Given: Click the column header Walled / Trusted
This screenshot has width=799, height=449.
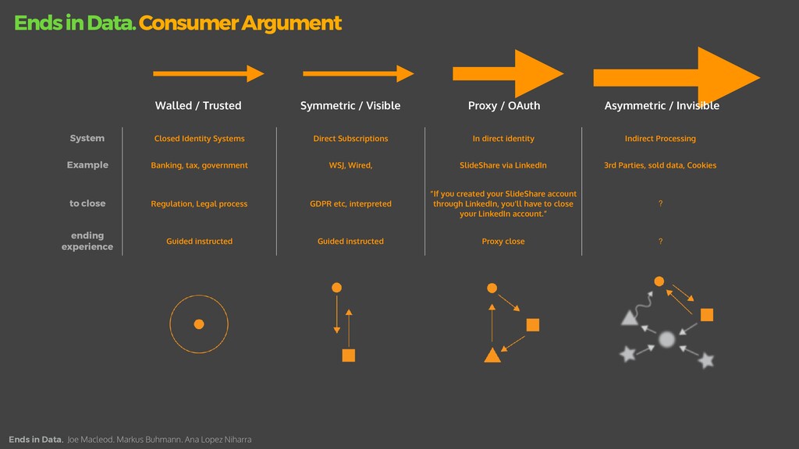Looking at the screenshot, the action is pos(198,105).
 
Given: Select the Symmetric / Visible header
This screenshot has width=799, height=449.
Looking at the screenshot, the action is pos(350,105).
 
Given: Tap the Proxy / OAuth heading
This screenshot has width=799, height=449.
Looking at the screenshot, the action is pos(503,105).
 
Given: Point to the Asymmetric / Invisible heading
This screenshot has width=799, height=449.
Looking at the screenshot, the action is pos(662,105).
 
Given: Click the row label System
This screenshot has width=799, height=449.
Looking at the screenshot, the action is pos(87,138).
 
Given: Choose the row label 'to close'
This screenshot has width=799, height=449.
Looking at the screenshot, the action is pos(87,203).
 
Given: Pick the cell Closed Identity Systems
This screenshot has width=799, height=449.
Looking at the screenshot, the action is pos(199,139).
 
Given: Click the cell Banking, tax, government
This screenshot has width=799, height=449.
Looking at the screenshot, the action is pos(199,165).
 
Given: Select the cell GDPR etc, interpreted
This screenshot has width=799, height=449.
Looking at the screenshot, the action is pos(350,204).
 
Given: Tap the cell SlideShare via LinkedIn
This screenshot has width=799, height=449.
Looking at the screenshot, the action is pos(503,165).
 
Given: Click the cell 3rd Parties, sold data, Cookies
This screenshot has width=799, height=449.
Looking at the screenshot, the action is pos(660,165).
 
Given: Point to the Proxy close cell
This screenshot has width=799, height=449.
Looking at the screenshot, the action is pos(503,242).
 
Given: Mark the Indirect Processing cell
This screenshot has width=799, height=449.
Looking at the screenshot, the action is pos(660,139).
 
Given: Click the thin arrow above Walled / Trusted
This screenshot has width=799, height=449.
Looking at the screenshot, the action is pos(208,73).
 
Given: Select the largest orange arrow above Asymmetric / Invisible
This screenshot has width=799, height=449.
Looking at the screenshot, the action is pos(676,76).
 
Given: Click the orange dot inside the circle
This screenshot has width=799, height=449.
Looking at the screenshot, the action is pos(199,324).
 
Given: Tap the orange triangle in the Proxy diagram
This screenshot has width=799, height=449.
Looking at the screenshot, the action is pos(492,356).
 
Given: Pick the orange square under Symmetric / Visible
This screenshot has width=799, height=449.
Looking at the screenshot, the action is pos(349,355).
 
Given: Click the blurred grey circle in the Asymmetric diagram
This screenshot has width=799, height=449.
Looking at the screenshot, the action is pos(666,339).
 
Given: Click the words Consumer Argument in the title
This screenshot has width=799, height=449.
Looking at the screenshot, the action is pos(240,23).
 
